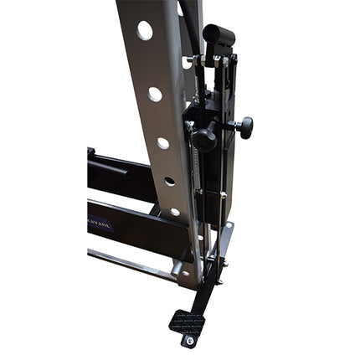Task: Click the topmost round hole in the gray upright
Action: [x=145, y=31]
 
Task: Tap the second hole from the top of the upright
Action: [x=155, y=94]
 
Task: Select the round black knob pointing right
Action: [x=244, y=127]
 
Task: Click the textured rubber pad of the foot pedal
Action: [x=186, y=321]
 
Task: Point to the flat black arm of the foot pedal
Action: [x=201, y=289]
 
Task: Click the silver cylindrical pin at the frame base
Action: [x=178, y=270]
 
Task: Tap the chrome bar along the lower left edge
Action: [x=126, y=265]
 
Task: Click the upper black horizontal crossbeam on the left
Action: [x=117, y=176]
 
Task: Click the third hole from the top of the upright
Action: [x=162, y=142]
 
